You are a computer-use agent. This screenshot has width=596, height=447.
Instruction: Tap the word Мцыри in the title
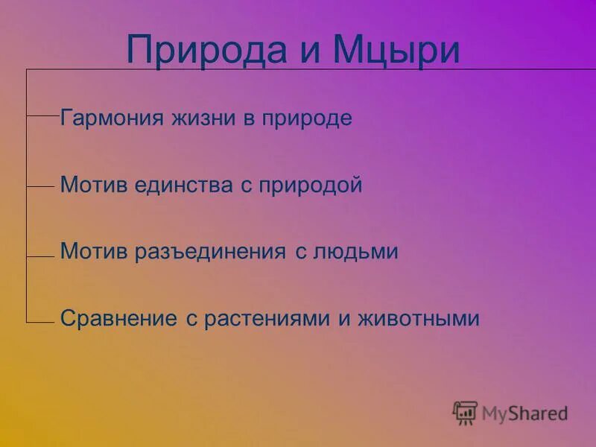pyautogui.click(x=396, y=50)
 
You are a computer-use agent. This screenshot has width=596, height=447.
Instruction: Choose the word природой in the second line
pyautogui.click(x=310, y=186)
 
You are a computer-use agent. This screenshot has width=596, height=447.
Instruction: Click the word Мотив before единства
pyautogui.click(x=86, y=185)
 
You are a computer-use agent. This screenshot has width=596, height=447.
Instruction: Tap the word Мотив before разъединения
pyautogui.click(x=86, y=251)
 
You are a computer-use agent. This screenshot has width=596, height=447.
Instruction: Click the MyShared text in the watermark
pyautogui.click(x=524, y=413)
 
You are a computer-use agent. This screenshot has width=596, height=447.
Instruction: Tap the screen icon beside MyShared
pyautogui.click(x=465, y=413)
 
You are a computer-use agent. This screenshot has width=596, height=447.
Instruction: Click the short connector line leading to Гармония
pyautogui.click(x=42, y=116)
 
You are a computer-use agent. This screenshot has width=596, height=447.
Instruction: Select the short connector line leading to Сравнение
pyautogui.click(x=42, y=322)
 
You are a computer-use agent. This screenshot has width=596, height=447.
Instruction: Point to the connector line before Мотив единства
pyautogui.click(x=42, y=186)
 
